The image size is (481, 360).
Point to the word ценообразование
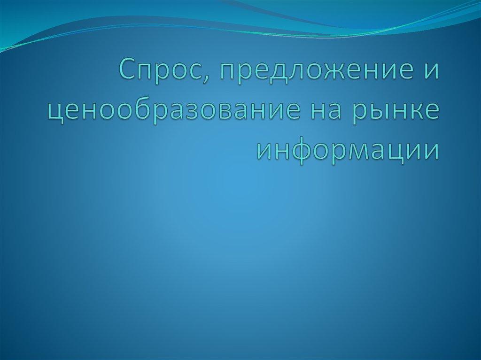171,112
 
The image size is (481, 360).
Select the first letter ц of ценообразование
55,113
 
